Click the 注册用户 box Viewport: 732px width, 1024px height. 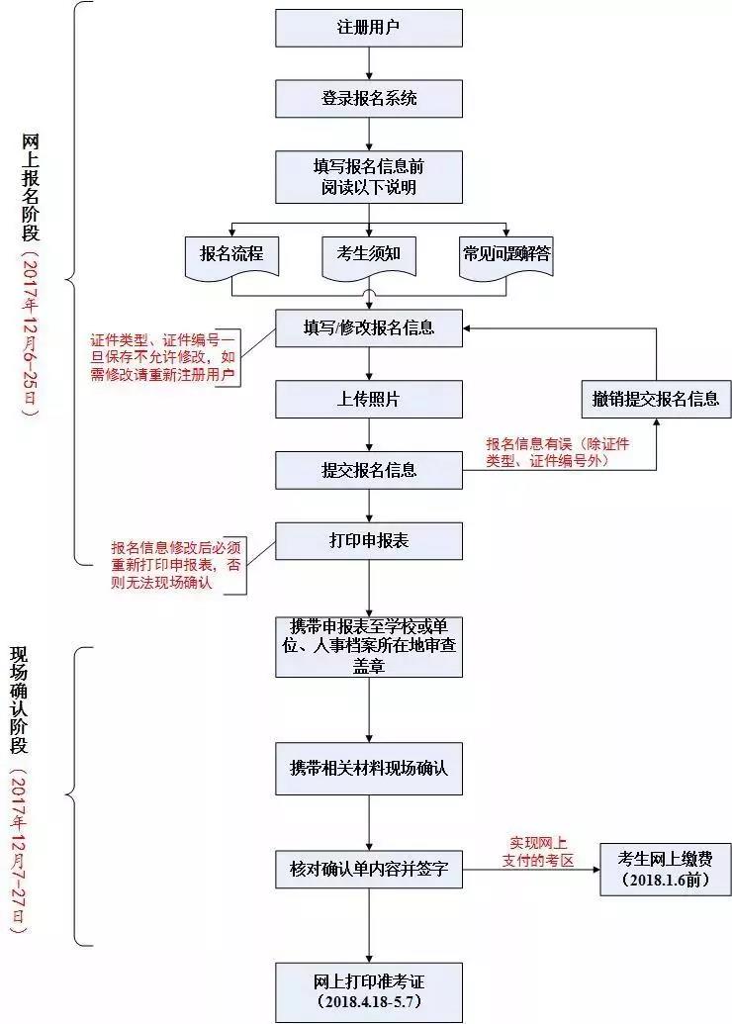click(x=368, y=28)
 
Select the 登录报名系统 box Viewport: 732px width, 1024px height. click(x=368, y=99)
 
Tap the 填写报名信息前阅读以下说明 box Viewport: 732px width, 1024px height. click(x=368, y=176)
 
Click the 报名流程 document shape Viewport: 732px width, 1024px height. click(x=231, y=254)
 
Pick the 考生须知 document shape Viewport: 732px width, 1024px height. click(x=368, y=254)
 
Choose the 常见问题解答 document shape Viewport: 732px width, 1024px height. click(x=506, y=254)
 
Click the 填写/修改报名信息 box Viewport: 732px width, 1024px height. click(x=368, y=326)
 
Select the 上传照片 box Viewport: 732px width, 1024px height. click(x=368, y=399)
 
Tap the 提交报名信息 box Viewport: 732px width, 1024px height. click(x=368, y=470)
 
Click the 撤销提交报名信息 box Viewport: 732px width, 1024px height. click(x=656, y=399)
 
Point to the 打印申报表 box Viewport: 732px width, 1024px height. click(x=368, y=541)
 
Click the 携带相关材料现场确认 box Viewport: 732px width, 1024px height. click(x=368, y=768)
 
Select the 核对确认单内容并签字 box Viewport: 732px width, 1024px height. click(x=368, y=871)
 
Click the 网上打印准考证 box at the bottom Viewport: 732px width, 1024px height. click(x=368, y=990)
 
